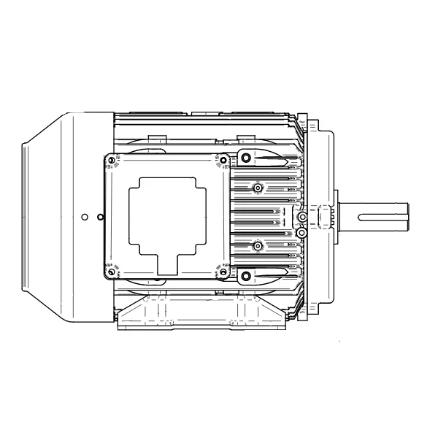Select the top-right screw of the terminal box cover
[222, 161]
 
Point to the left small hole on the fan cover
[85, 217]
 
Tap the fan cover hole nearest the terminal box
[100, 217]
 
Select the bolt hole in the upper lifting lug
[246, 158]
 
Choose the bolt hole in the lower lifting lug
[246, 276]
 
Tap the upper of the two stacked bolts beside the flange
[301, 218]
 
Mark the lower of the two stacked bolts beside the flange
[301, 232]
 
